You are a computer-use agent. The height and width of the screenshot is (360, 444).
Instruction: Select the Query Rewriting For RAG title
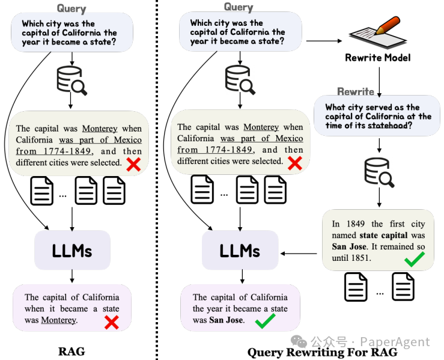[322, 352]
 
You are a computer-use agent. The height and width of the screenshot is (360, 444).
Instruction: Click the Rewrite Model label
[378, 58]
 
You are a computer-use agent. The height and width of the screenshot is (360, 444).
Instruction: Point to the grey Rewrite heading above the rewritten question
[356, 91]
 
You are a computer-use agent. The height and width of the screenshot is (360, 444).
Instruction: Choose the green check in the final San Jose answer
[265, 322]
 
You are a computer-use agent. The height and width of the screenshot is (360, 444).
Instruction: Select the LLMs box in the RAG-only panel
[72, 250]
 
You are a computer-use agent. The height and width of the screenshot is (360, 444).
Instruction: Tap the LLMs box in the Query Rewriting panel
[240, 250]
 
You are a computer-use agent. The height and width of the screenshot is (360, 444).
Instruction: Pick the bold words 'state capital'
[384, 235]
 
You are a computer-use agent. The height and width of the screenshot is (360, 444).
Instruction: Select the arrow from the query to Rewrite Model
[324, 41]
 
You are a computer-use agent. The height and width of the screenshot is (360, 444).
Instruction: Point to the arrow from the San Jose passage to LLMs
[301, 252]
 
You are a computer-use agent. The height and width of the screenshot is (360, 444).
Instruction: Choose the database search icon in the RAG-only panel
[71, 80]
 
